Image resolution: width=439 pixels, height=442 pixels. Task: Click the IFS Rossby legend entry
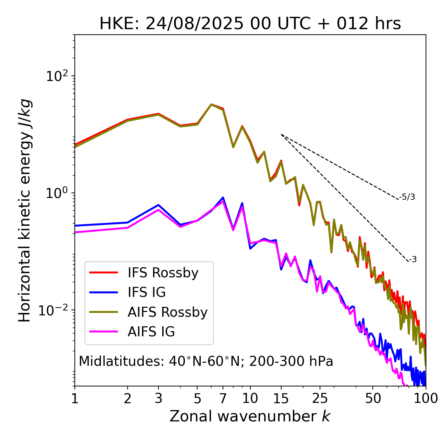[163, 273]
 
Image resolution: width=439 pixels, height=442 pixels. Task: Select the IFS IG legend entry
[146, 292]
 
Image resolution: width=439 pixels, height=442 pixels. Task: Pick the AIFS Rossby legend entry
[167, 312]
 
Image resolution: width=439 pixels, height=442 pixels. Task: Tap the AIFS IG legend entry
[151, 332]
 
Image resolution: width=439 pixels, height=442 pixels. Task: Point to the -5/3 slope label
[407, 197]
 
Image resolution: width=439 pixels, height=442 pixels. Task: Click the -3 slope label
[413, 259]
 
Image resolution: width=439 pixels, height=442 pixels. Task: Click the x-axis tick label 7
[223, 398]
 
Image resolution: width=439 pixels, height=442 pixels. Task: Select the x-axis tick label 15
[281, 398]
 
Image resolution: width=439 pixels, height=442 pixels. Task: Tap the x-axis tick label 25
[320, 398]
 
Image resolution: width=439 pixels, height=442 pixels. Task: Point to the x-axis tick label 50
[373, 398]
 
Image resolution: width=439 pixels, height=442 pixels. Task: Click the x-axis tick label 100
[425, 398]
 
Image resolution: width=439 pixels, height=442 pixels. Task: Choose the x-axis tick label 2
[128, 398]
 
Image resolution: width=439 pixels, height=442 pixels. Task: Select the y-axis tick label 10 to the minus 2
[55, 310]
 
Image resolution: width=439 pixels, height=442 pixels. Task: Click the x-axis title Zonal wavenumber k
[250, 416]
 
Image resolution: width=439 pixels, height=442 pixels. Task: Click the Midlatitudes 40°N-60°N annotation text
[206, 361]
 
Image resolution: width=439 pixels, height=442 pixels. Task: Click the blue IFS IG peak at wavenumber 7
[223, 198]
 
